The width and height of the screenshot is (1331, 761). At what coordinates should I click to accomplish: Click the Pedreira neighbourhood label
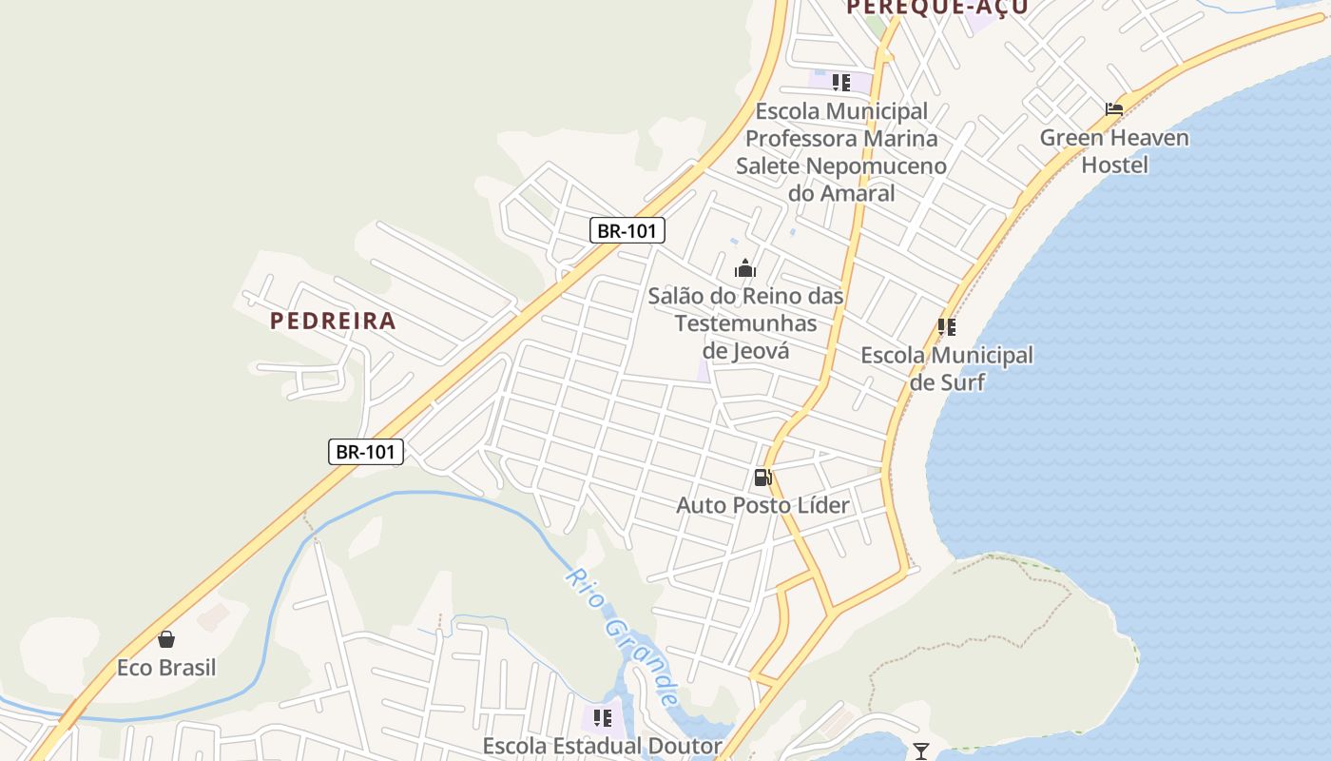333,321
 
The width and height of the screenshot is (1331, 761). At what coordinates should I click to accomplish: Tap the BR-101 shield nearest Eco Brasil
366,451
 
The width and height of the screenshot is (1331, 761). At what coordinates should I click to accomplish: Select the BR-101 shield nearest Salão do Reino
627,230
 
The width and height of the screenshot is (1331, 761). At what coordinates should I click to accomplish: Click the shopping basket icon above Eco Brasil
166,639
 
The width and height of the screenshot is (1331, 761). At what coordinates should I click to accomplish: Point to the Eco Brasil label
166,668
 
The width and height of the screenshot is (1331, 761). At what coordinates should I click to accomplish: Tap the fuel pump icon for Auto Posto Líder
762,477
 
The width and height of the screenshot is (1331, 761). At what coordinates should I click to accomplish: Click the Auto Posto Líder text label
762,505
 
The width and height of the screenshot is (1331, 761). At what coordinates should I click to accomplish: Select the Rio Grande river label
623,637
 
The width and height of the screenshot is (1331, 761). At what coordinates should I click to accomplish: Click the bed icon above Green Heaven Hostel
1114,109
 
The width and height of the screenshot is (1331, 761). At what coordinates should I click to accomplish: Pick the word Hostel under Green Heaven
1114,166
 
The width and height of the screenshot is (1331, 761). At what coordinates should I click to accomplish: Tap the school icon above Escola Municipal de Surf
946,327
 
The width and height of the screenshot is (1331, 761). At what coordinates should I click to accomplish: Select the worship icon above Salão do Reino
745,269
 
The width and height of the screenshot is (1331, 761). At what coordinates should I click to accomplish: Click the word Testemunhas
745,323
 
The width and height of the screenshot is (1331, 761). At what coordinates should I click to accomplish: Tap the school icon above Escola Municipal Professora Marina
840,83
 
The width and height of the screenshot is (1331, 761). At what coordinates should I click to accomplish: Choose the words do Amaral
841,194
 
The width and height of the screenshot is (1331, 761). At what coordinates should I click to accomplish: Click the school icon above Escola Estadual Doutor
602,718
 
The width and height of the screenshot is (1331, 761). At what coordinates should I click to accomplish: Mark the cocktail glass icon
920,751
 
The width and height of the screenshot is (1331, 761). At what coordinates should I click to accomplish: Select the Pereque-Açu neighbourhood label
936,8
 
